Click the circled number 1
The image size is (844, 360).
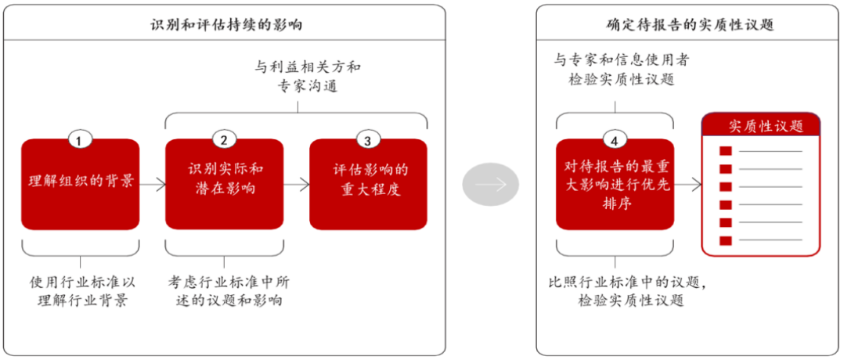(x=80, y=141)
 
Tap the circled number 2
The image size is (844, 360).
(x=224, y=141)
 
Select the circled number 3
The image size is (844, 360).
(x=368, y=141)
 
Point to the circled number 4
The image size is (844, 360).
(x=615, y=141)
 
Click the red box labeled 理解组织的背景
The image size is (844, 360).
(x=80, y=184)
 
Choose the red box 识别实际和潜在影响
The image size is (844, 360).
(x=225, y=184)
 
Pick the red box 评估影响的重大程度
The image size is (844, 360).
(x=368, y=184)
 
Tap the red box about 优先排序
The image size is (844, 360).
(x=615, y=184)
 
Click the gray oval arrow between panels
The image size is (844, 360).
(x=490, y=185)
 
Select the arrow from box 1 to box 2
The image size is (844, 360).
(x=153, y=185)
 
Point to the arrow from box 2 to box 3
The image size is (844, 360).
(x=297, y=185)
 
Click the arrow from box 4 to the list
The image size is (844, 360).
(x=688, y=185)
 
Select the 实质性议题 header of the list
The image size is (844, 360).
(x=761, y=126)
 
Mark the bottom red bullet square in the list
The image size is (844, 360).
(x=726, y=240)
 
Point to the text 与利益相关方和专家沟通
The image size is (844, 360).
(x=308, y=76)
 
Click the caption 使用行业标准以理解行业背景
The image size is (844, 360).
(x=81, y=290)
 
